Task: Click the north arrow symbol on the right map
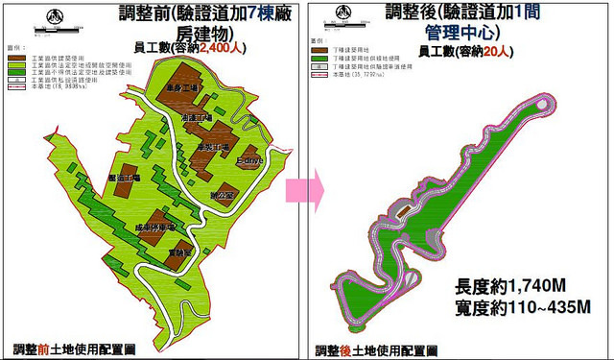point(357,14)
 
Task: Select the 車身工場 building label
point(181,88)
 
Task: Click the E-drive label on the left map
point(258,161)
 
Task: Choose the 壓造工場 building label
point(124,178)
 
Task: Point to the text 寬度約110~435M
point(523,309)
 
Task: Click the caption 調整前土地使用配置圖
point(83,349)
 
